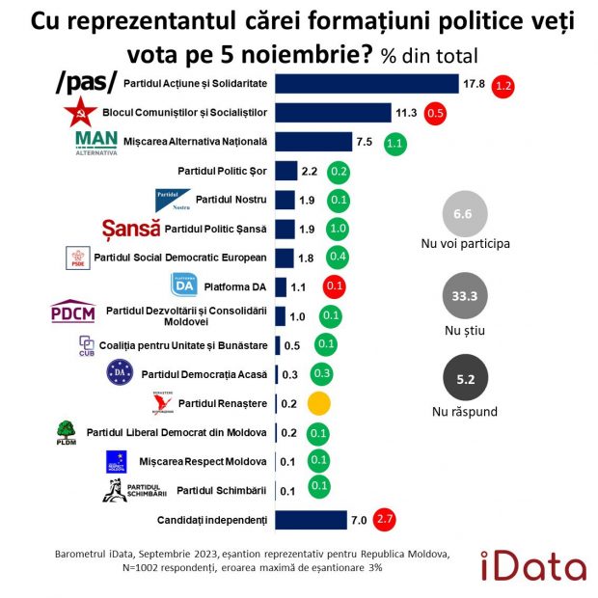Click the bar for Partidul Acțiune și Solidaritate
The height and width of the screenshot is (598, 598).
(x=367, y=84)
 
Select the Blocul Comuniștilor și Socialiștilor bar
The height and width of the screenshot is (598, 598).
(x=333, y=113)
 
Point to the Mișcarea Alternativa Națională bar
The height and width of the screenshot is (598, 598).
(x=313, y=142)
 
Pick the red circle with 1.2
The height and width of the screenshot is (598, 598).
(x=503, y=85)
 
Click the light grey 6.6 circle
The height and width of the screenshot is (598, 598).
(x=464, y=213)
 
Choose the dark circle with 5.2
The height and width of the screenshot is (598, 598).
(x=465, y=380)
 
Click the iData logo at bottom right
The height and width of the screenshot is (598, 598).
(x=537, y=564)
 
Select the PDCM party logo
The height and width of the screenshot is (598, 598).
(x=73, y=313)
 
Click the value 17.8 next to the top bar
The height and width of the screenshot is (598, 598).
(x=474, y=84)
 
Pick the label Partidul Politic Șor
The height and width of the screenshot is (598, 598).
(x=221, y=171)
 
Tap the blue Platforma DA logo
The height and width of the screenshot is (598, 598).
(x=184, y=285)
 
